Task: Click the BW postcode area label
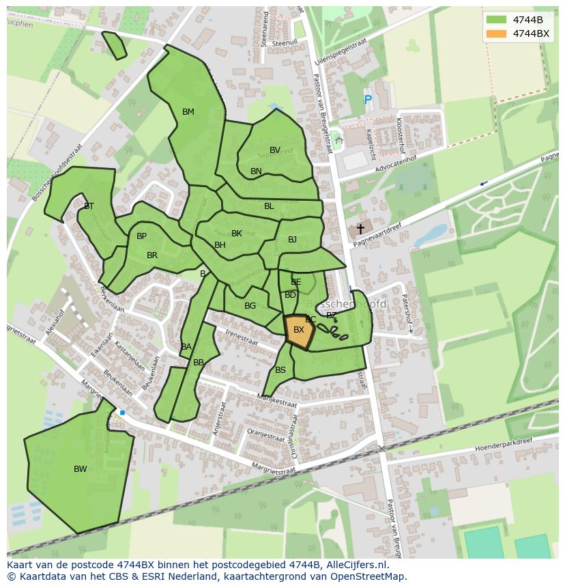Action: coord(81,469)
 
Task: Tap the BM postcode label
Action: coord(188,112)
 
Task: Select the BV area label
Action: coord(275,150)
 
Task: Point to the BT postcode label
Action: coord(89,206)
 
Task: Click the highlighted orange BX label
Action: coord(299,330)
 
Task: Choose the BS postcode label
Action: coord(280,370)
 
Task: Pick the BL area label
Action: coord(269,206)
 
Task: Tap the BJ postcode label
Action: coord(292,240)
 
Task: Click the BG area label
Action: coord(250,306)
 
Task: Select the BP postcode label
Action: coord(141,237)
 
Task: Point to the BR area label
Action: coord(152,256)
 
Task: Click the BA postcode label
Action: coord(186,347)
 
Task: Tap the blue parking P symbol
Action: coord(368,100)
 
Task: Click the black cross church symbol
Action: coord(360,229)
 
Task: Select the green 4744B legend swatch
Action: coord(497,19)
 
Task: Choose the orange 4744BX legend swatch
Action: coord(497,33)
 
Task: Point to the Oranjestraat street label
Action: coord(265,434)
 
